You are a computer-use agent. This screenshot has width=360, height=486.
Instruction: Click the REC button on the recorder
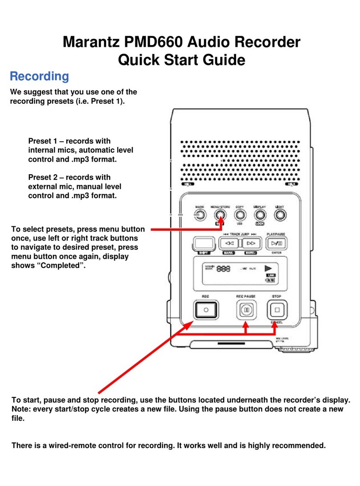tap(205, 309)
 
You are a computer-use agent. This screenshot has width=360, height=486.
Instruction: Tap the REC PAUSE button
tap(244, 309)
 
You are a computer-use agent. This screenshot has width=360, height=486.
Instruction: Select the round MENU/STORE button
tap(219, 216)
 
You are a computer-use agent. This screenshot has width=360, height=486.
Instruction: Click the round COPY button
tap(239, 216)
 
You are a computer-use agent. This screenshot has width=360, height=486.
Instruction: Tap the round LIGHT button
tap(280, 216)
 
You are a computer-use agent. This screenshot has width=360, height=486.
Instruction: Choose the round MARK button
tap(199, 216)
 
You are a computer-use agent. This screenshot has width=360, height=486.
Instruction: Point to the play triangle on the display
tap(268, 269)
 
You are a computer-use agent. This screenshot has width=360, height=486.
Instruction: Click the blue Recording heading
tap(39, 76)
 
